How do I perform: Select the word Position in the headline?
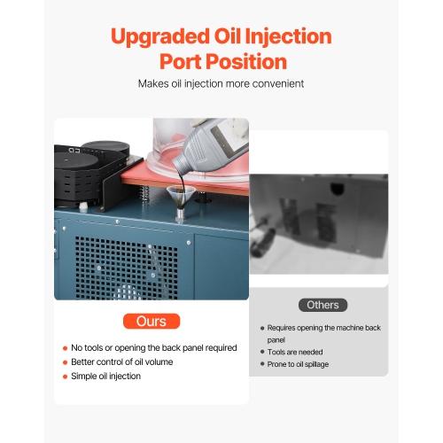click(x=248, y=62)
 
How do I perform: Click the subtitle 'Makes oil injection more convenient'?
click(x=221, y=84)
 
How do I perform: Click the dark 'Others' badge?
click(x=323, y=305)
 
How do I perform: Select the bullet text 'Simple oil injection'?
click(x=107, y=377)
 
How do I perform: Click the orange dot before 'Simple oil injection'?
click(x=65, y=377)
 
